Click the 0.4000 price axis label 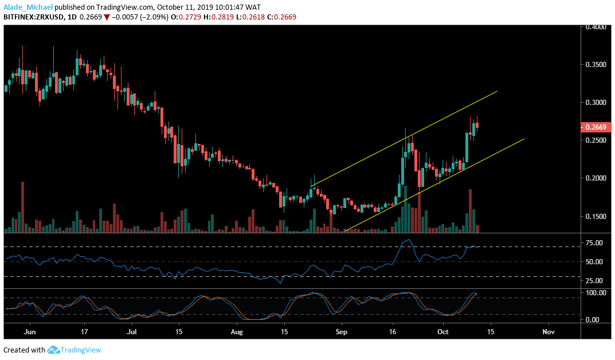tap(596, 26)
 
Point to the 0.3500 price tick tap(596, 65)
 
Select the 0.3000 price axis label tap(596, 103)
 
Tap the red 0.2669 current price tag tap(596, 127)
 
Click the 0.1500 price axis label tap(596, 217)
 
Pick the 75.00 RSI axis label tap(595, 243)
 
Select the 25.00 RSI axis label tap(595, 281)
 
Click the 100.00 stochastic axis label tap(595, 293)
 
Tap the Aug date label tap(237, 332)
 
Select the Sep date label tap(342, 332)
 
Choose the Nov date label tap(549, 332)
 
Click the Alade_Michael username tap(27, 6)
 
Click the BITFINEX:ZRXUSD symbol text tap(34, 17)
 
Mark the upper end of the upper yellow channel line tap(496, 91)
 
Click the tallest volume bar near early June tap(23, 206)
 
